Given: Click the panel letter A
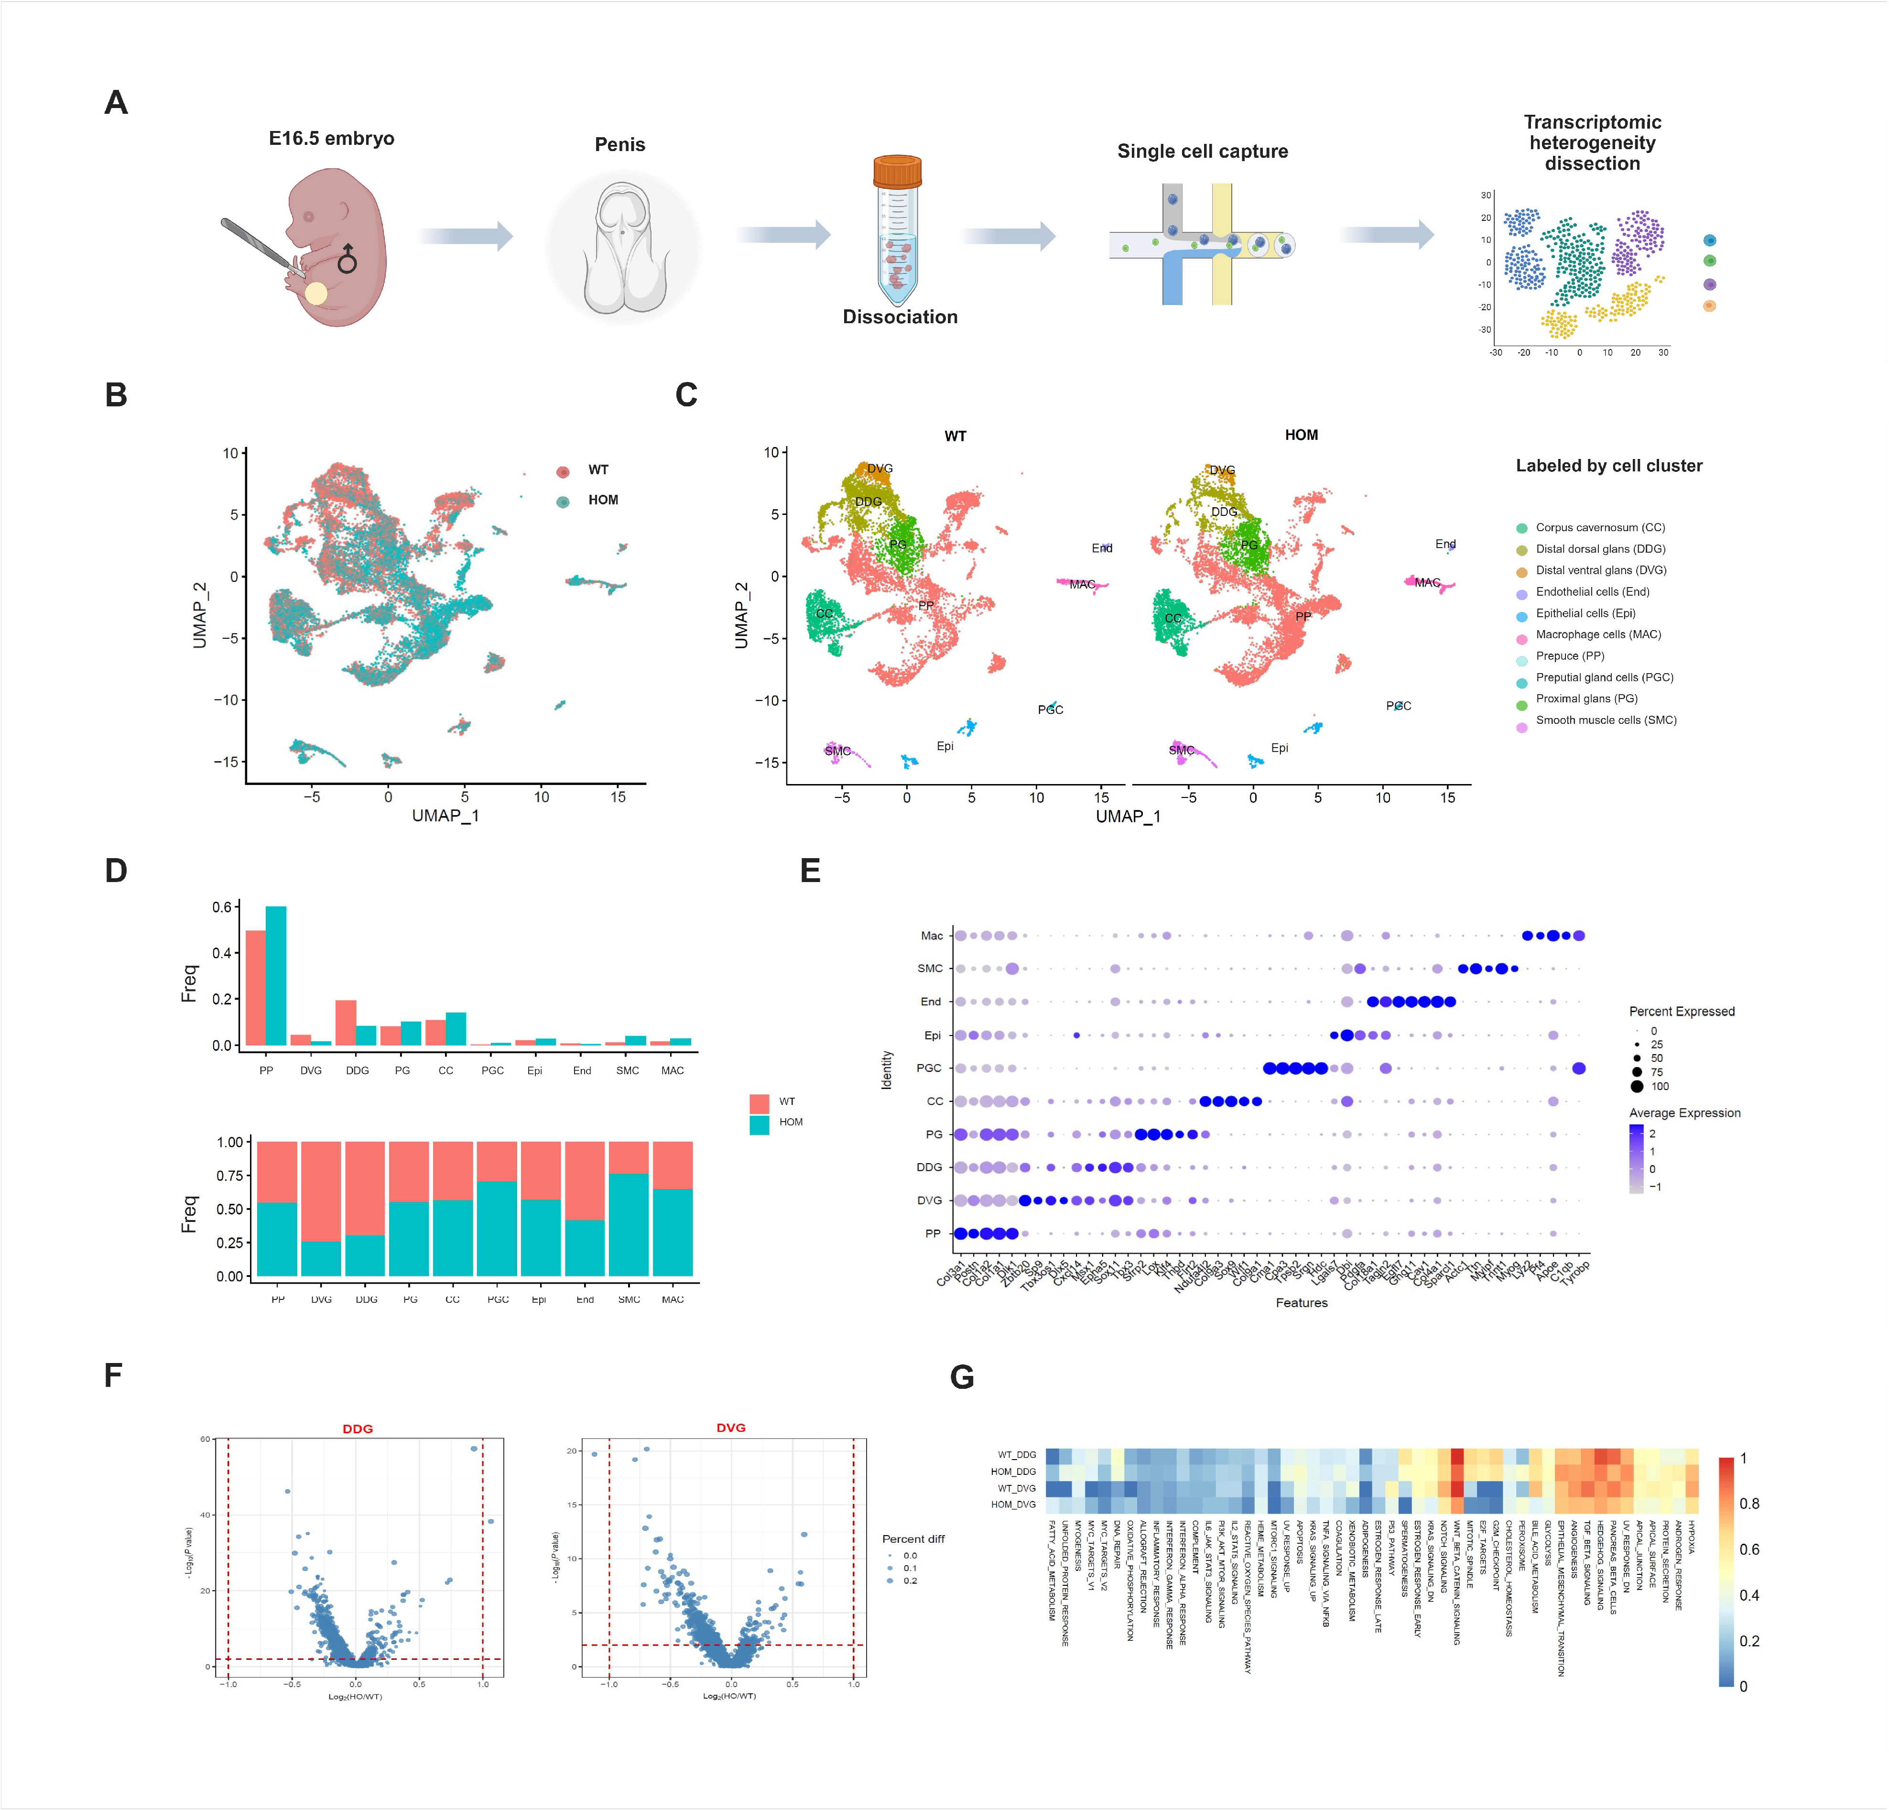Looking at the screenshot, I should click(x=116, y=102).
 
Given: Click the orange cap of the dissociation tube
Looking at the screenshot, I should click(x=897, y=172).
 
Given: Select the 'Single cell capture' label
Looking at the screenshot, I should click(x=1202, y=152).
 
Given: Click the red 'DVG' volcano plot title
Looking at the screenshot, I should click(x=730, y=1428).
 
